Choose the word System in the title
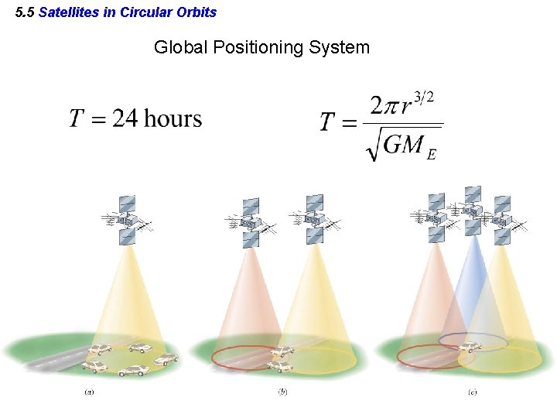click(339, 47)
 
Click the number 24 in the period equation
click(126, 118)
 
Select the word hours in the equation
click(173, 118)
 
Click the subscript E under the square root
click(431, 154)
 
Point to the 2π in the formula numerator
click(385, 106)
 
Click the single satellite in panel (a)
click(126, 221)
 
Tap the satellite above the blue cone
click(472, 210)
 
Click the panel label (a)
click(89, 392)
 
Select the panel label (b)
click(282, 392)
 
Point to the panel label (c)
click(472, 392)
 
